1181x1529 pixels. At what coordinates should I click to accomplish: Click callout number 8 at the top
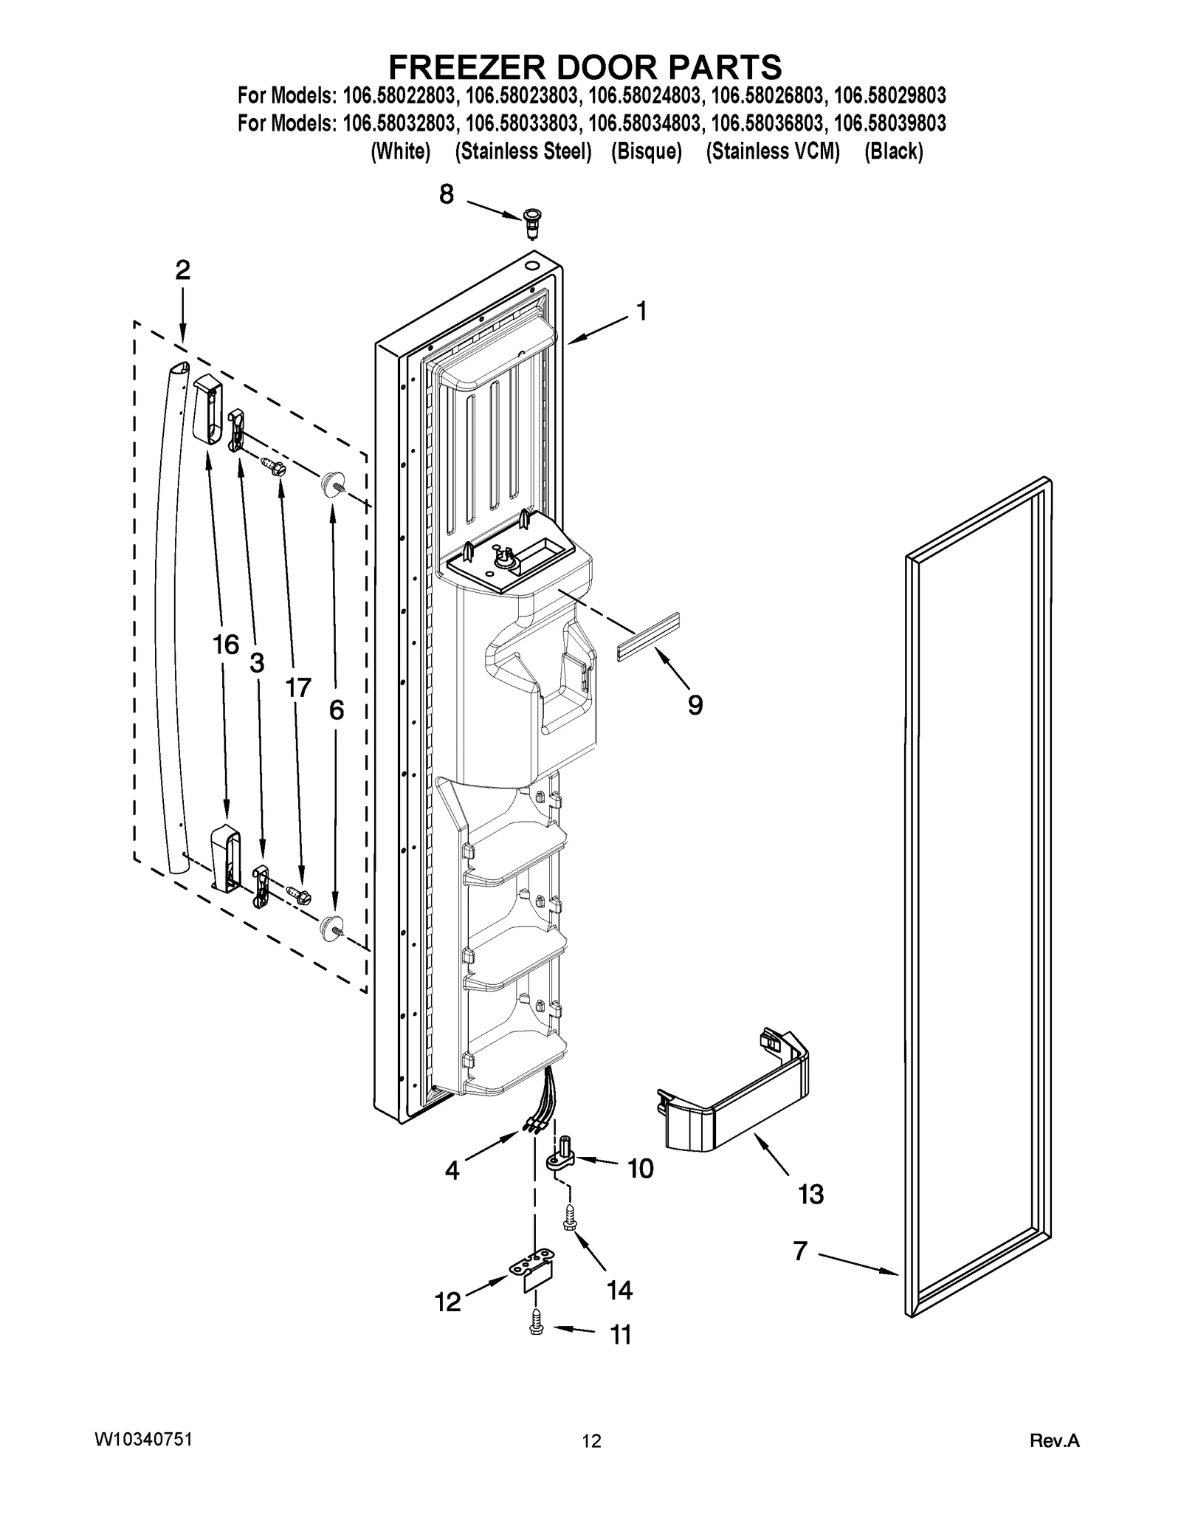coord(447,194)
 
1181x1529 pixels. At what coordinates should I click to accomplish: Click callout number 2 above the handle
coord(182,270)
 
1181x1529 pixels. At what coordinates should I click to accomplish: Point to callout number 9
coord(695,705)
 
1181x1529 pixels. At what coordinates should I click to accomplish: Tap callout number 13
coord(810,1194)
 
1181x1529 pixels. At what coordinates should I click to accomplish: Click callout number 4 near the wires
coord(452,1170)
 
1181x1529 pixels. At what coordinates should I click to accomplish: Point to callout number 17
coord(298,688)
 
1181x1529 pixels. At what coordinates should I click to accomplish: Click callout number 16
coord(226,644)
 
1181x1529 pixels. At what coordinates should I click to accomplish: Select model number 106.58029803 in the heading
coord(889,96)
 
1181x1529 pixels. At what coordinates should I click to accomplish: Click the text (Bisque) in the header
coord(646,151)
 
